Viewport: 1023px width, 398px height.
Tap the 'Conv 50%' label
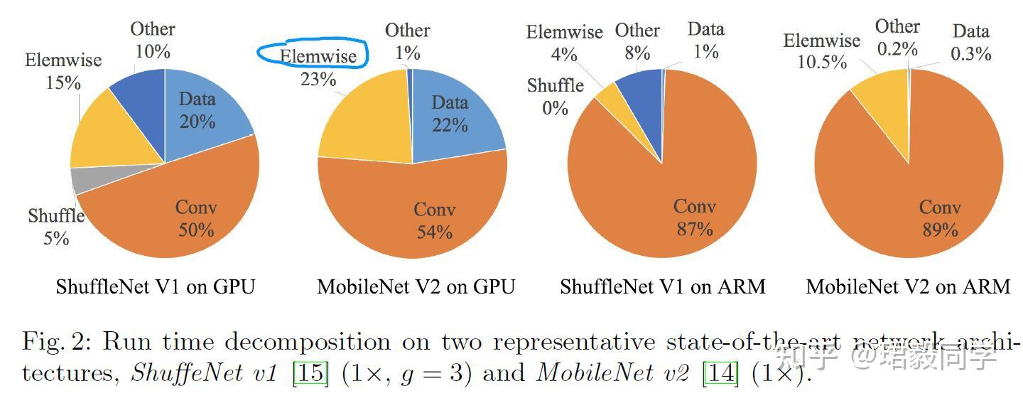pyautogui.click(x=196, y=218)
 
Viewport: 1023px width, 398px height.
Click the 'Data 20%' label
pyautogui.click(x=197, y=110)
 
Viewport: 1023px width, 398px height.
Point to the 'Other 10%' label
pyautogui.click(x=152, y=40)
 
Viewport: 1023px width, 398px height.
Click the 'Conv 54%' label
pyautogui.click(x=434, y=220)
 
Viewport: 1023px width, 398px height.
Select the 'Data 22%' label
pyautogui.click(x=450, y=114)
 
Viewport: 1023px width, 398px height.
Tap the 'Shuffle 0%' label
pyautogui.click(x=555, y=97)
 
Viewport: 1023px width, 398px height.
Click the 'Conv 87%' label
pyautogui.click(x=694, y=217)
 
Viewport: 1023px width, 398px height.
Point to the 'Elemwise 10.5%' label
pyautogui.click(x=821, y=51)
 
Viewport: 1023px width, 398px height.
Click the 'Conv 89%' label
pyautogui.click(x=939, y=218)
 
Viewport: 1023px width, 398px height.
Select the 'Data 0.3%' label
pyautogui.click(x=971, y=42)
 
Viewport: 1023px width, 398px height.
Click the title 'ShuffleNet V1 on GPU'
pyautogui.click(x=155, y=286)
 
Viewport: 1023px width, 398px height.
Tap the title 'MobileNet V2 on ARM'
pyautogui.click(x=908, y=286)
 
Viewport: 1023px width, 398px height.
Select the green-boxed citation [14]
pyautogui.click(x=720, y=372)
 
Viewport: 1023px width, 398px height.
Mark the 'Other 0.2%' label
pyautogui.click(x=897, y=38)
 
